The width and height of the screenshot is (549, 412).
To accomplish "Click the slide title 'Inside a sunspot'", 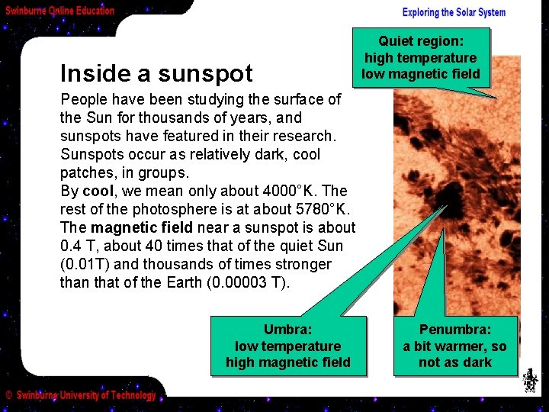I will pos(156,73).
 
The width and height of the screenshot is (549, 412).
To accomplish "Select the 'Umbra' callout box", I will pos(288,346).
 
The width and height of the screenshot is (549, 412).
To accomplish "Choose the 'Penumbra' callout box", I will pos(455,346).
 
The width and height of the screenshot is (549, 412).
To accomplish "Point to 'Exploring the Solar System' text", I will pos(454,12).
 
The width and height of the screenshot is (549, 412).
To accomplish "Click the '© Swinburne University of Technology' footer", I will pos(81,395).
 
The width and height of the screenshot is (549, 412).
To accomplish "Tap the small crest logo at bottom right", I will pos(529,380).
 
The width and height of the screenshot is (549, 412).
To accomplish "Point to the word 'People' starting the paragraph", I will pos(84,99).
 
